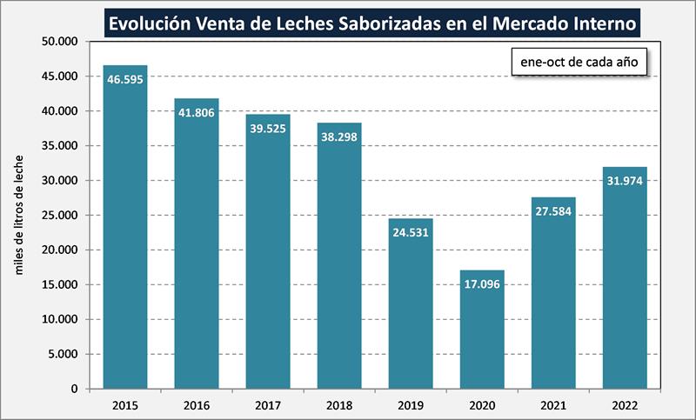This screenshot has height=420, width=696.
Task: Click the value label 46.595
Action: tap(125, 79)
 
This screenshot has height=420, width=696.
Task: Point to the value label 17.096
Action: tap(482, 283)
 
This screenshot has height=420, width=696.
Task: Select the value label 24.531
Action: tap(411, 232)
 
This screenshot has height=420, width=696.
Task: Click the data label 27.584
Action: tap(553, 210)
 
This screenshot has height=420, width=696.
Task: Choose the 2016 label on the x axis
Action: tap(197, 404)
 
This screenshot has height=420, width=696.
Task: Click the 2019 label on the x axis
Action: tap(411, 404)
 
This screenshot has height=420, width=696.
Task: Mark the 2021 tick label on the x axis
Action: tap(553, 404)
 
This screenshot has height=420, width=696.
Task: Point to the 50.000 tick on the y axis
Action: tap(60, 42)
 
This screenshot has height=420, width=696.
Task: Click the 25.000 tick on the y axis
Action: tap(60, 216)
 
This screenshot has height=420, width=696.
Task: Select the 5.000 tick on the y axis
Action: tap(64, 354)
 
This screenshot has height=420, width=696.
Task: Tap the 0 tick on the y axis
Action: tap(76, 389)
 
